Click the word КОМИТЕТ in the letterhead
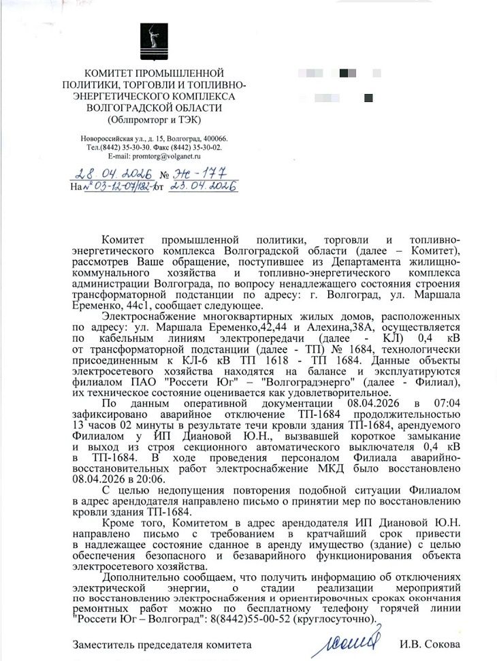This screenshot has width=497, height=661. click(108, 73)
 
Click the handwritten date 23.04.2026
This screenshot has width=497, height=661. click(203, 185)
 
